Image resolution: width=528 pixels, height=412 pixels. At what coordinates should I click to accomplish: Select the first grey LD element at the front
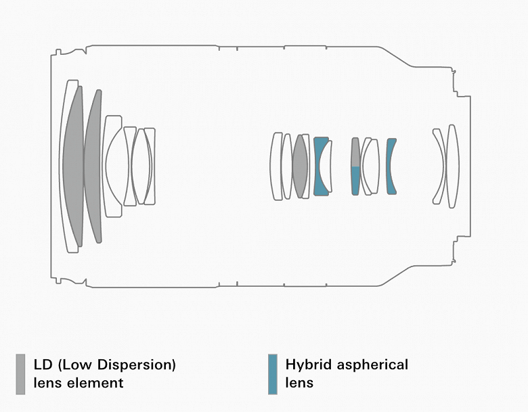point(73,166)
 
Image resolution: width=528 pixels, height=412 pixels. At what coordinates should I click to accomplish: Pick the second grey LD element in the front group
point(93,166)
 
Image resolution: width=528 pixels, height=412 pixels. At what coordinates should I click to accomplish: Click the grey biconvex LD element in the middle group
point(300,166)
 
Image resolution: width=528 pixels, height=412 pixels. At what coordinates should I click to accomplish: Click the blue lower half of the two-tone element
point(355,181)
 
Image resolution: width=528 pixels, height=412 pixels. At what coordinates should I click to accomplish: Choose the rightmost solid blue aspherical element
point(390,166)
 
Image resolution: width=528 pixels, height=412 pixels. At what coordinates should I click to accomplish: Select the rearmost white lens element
point(454,165)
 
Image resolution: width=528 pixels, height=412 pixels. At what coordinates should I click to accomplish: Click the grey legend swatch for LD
point(20,373)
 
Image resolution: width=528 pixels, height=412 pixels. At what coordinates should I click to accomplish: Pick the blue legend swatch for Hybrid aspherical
point(272,373)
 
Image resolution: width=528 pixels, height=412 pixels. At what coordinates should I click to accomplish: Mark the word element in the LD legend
point(94,383)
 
